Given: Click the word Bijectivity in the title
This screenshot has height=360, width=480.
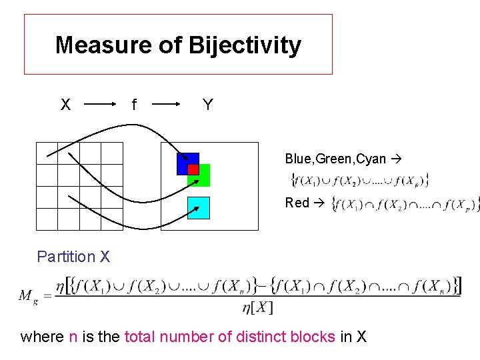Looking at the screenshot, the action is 245,45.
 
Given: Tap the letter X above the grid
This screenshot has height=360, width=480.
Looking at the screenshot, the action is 65,105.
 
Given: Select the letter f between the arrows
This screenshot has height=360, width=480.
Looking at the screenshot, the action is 134,105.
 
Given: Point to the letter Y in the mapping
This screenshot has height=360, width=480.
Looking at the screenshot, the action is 207,105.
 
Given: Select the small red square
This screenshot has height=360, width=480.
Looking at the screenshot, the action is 193,169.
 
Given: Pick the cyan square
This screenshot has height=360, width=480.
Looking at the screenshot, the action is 199,208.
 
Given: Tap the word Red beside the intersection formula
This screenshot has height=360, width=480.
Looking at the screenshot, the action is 297,202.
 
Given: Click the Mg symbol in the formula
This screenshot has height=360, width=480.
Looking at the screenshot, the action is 29,295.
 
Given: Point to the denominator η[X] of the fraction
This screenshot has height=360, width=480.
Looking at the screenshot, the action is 257,307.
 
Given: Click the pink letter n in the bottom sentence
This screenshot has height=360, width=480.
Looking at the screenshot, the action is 73,337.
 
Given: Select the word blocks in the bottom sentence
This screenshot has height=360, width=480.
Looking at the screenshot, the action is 313,337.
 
